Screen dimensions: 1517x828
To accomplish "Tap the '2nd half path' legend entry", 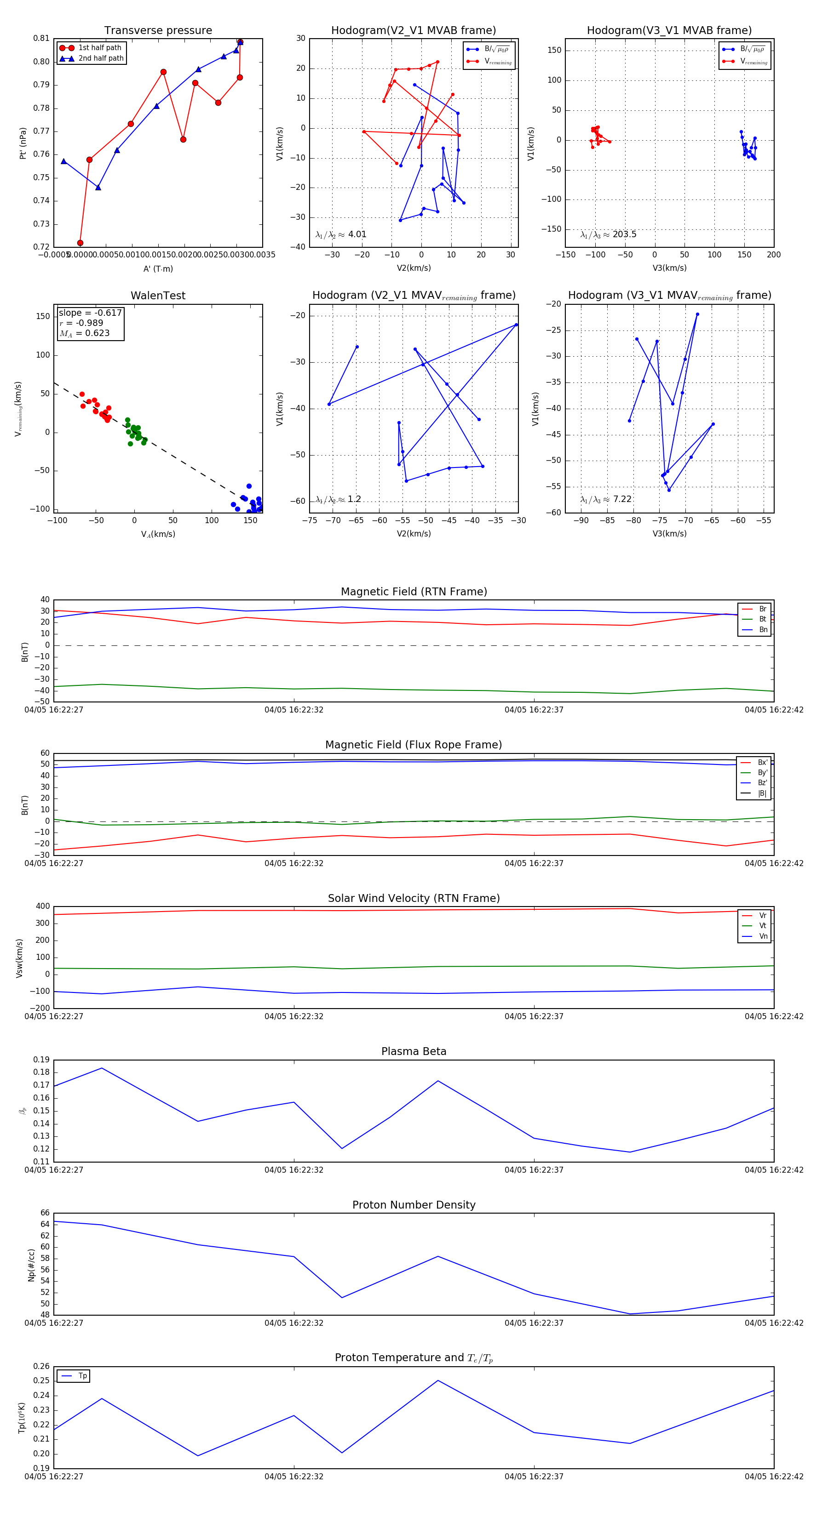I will tap(101, 58).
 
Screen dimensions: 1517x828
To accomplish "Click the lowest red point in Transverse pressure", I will tap(80, 243).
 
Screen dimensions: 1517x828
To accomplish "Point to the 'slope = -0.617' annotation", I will tap(90, 313).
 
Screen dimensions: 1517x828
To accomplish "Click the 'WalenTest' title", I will tap(158, 296).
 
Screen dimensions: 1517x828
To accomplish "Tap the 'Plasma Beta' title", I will tap(414, 1051).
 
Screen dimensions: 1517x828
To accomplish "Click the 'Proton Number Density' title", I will tap(414, 1205).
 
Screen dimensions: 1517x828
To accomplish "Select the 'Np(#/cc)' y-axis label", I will tap(31, 1265).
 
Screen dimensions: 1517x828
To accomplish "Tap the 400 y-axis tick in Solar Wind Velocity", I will tap(43, 907).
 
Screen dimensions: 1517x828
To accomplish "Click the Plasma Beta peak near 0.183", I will tap(102, 1068).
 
